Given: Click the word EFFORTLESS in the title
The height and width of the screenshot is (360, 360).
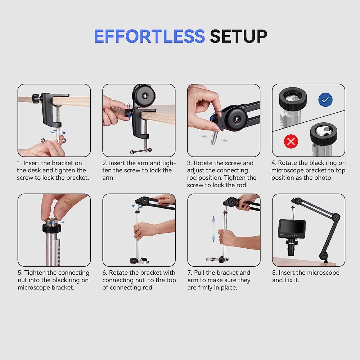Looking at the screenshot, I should (149, 36).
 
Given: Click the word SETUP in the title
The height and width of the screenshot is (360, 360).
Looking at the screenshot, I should (238, 36).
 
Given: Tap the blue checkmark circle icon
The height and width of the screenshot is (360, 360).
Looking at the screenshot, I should (325, 100).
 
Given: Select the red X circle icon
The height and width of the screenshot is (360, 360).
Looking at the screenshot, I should (291, 141).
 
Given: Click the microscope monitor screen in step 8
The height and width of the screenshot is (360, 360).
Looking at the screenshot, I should (291, 227).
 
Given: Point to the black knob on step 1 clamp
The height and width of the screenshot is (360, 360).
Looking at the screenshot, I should (36, 98).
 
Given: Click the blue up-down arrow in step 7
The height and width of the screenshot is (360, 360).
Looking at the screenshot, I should (213, 229).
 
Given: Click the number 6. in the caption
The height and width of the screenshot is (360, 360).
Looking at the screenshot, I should (105, 273).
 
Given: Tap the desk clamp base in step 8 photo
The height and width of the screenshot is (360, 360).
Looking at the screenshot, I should (324, 256).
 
